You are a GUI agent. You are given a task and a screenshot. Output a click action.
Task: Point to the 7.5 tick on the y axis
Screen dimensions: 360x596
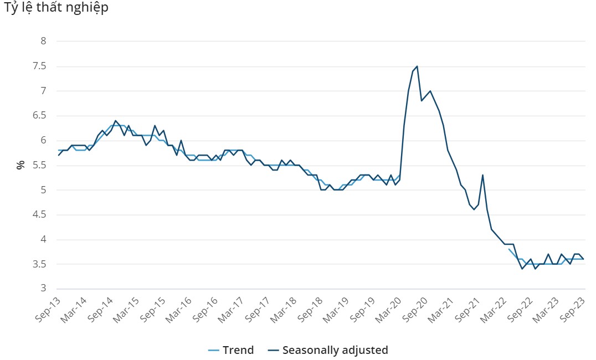pos(40,66)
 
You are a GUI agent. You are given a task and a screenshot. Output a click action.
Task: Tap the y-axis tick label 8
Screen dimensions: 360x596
pos(43,41)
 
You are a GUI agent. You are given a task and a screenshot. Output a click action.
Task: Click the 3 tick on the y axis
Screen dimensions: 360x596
pos(43,289)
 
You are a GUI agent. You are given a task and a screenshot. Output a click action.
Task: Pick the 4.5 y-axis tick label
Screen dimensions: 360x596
pos(40,215)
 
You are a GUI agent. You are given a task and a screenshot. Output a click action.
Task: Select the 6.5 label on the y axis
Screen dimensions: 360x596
pos(40,116)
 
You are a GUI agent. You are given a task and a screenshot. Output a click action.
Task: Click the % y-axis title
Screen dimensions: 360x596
pos(20,164)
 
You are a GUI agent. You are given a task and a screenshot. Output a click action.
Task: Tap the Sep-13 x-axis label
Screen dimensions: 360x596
pos(49,307)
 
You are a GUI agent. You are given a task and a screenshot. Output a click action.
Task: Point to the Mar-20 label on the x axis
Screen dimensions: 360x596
pos(390,307)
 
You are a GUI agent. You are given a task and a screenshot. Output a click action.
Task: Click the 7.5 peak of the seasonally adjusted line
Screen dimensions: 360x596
pos(417,66)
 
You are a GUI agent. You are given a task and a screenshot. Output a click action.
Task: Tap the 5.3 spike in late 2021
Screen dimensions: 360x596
pos(482,175)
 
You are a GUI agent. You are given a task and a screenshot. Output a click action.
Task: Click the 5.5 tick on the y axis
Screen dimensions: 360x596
pos(40,165)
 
